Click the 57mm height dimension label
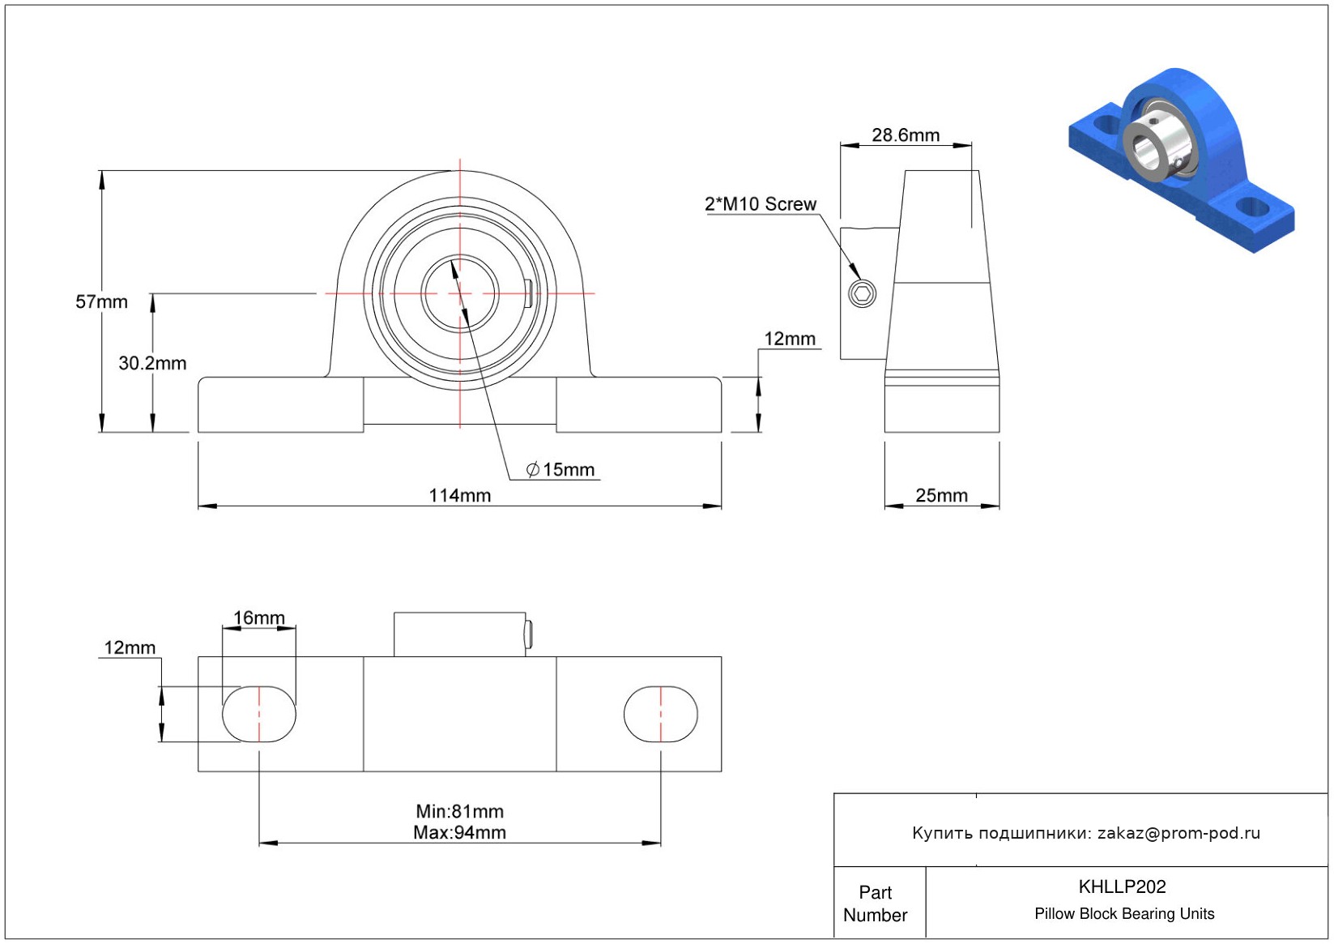tap(101, 301)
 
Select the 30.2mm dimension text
tap(152, 363)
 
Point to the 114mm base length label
tap(460, 495)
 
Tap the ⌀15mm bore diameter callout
tap(560, 470)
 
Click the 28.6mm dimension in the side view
tap(906, 135)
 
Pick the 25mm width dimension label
tap(941, 495)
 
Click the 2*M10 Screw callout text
tap(761, 204)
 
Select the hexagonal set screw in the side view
tap(862, 293)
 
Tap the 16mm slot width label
tap(259, 617)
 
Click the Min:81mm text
tap(460, 811)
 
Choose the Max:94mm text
tap(460, 832)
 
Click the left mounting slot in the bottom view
tap(259, 714)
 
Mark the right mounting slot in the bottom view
tap(660, 714)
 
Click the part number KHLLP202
tap(1122, 886)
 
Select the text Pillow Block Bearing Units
tap(1124, 913)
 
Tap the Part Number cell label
tap(875, 903)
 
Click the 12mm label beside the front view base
tap(790, 339)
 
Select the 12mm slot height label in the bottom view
tap(130, 647)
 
